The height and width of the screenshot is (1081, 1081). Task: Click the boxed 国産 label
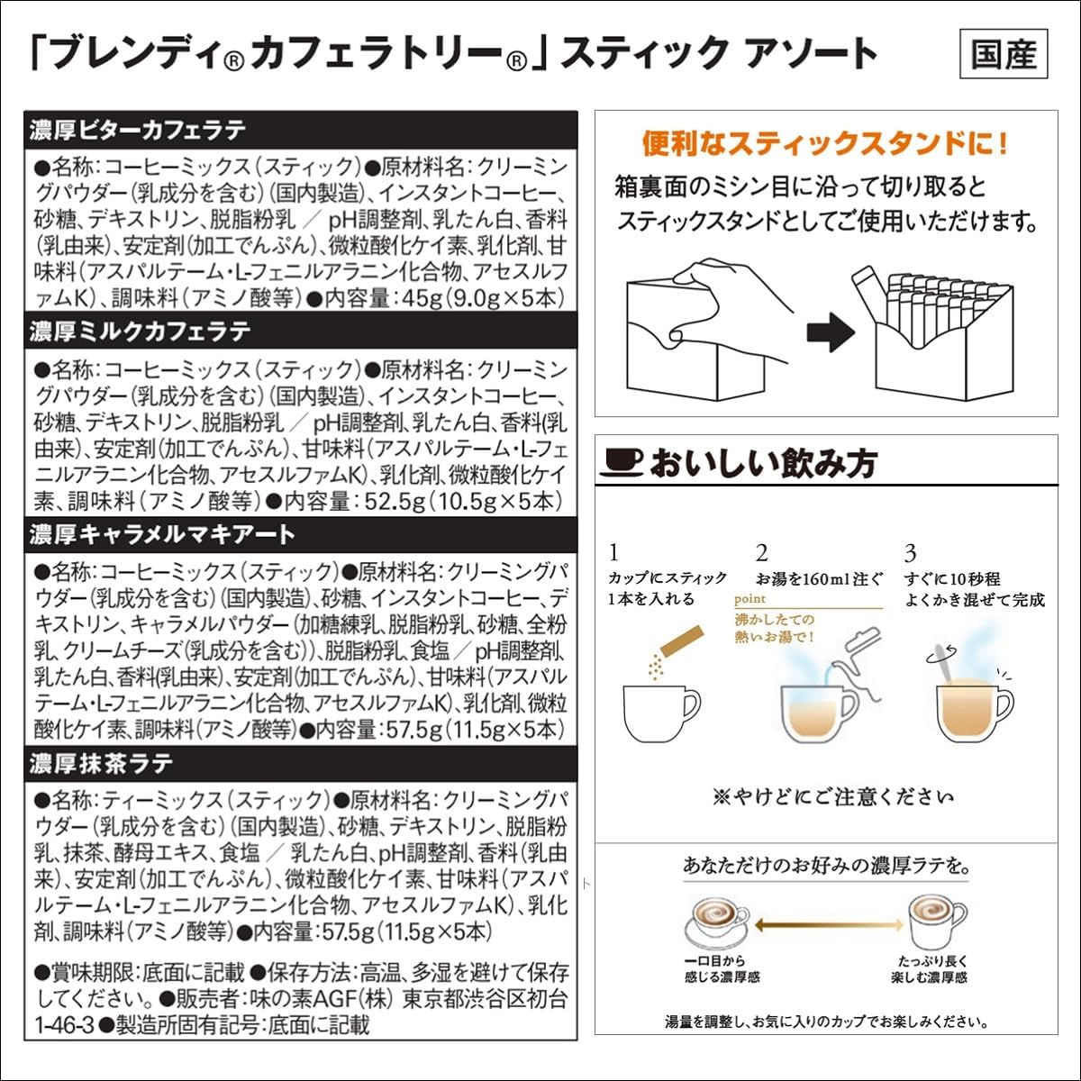[x=1004, y=55]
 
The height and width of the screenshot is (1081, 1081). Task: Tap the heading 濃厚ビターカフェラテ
[x=137, y=130]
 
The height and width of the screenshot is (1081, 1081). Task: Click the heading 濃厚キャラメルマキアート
[x=162, y=534]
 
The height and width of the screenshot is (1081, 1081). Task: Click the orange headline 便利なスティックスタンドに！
[x=825, y=143]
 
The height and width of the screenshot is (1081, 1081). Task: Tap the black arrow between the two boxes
[x=830, y=332]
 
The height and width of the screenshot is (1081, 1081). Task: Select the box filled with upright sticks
[x=928, y=338]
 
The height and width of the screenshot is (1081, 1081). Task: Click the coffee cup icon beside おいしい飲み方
[x=622, y=462]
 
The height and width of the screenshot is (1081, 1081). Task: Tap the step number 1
[x=614, y=552]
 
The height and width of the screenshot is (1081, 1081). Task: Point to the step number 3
[x=910, y=552]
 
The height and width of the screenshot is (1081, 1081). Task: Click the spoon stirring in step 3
[x=944, y=655]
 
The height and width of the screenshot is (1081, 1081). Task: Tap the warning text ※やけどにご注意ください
[x=832, y=797]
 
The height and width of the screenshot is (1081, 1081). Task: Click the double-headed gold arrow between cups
[x=829, y=925]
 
